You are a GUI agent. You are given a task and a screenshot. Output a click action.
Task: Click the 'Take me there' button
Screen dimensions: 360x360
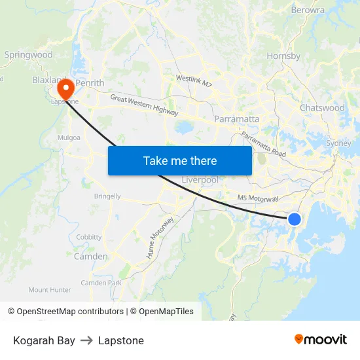(x=180, y=161)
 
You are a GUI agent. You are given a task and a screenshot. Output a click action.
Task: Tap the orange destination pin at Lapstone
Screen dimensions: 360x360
(x=65, y=88)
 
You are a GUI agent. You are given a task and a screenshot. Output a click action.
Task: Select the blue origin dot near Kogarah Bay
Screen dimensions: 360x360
(x=295, y=219)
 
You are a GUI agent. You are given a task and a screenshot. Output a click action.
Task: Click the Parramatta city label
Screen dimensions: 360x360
(x=237, y=120)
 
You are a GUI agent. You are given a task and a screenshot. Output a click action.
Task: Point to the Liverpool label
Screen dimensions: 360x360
(x=200, y=180)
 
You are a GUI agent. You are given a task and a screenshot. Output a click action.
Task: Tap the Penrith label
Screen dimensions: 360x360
(x=90, y=84)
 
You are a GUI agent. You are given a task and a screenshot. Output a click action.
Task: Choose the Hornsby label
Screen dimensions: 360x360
(x=283, y=56)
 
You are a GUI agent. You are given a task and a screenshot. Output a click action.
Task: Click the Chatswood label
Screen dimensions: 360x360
(x=322, y=108)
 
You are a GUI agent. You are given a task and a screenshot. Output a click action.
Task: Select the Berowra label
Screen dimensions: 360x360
(x=308, y=10)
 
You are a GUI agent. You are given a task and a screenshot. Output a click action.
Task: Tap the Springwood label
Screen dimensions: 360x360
(x=28, y=55)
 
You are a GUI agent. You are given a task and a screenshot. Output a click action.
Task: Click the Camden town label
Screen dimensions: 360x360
(x=90, y=257)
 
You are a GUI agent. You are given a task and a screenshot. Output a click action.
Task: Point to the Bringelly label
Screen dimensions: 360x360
(x=107, y=196)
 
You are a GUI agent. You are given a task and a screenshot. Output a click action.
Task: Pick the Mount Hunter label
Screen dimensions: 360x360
(x=50, y=289)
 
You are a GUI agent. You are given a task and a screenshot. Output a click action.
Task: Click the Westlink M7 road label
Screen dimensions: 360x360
(x=194, y=81)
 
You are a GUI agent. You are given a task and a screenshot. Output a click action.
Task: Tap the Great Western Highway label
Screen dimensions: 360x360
(x=144, y=105)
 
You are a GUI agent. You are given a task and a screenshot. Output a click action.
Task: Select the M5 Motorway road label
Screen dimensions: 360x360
(x=258, y=198)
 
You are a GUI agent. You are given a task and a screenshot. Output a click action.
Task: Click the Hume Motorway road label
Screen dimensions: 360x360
(x=160, y=237)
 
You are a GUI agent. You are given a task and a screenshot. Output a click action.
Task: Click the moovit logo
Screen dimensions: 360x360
(x=321, y=340)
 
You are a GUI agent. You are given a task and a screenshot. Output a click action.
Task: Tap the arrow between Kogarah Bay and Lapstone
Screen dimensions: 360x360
(x=86, y=340)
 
